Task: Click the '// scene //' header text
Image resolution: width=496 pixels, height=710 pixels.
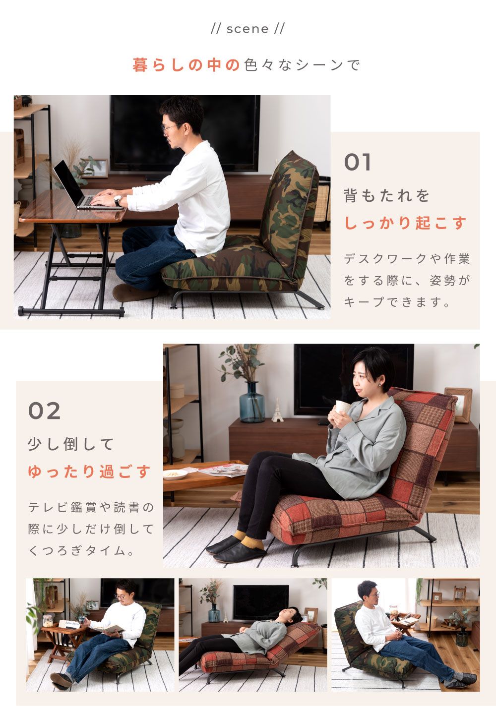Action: (248, 29)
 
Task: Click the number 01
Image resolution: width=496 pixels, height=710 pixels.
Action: (358, 163)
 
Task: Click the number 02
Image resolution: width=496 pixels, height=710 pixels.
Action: (44, 411)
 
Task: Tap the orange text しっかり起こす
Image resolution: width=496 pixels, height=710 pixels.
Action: (405, 223)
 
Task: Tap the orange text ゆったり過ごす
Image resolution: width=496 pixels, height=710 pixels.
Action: (89, 472)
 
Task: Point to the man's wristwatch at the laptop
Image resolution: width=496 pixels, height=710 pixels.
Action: (118, 201)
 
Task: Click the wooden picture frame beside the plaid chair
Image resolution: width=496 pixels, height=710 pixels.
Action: (459, 404)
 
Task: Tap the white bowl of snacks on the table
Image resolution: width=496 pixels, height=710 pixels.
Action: (175, 474)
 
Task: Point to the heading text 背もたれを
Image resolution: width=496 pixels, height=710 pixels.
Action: (387, 196)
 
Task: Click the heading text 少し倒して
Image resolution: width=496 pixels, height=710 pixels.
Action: (71, 444)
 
